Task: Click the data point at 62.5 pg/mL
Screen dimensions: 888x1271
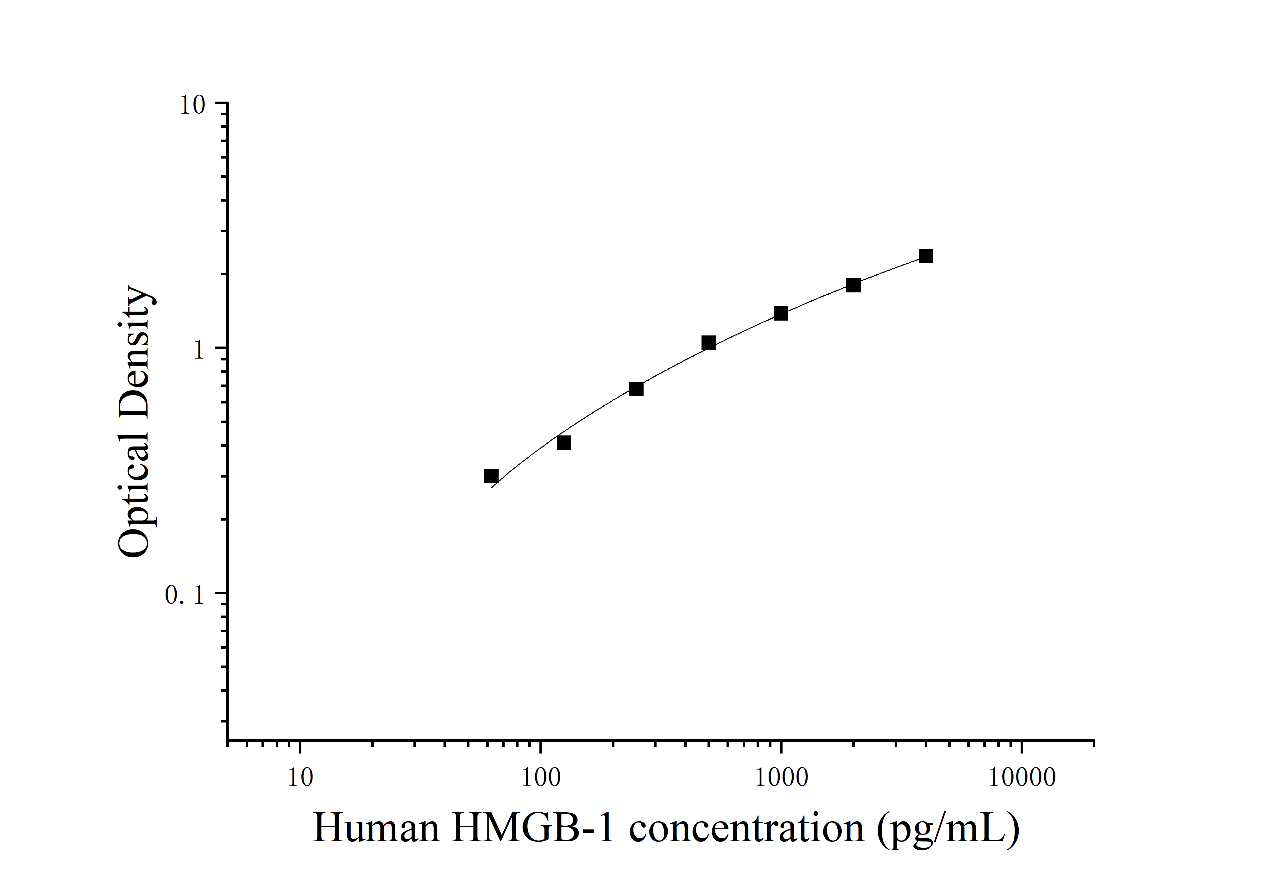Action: click(491, 476)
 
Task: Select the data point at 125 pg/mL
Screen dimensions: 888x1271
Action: click(563, 443)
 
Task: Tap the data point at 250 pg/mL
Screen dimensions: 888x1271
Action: click(636, 389)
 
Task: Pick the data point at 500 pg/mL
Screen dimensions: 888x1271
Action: click(708, 342)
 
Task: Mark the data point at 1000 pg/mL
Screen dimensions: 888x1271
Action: click(781, 314)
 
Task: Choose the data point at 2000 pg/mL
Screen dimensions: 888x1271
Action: click(853, 285)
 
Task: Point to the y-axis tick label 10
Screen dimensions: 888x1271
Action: click(192, 105)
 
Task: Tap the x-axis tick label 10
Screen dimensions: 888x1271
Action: click(300, 777)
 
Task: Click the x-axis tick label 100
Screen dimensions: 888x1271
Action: click(541, 777)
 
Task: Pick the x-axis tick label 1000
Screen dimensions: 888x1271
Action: click(781, 777)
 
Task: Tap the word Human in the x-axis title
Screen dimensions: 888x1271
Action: click(376, 828)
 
